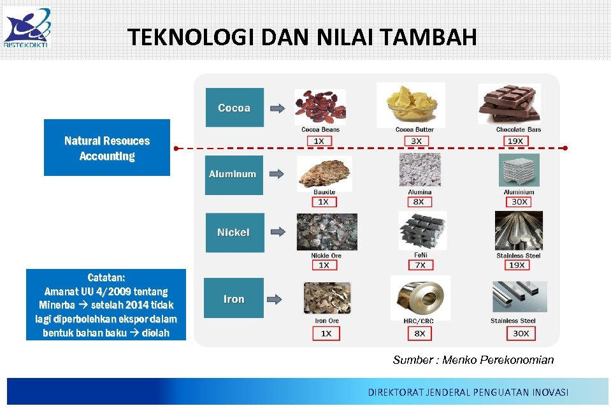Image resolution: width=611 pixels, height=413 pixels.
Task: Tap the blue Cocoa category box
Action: coord(234,108)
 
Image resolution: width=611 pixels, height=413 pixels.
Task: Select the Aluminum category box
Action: coord(233,175)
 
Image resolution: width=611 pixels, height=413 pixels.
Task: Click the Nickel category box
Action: coord(233,233)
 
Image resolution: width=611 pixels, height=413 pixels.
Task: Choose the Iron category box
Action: coord(234,298)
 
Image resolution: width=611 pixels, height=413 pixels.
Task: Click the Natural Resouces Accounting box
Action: coord(107,148)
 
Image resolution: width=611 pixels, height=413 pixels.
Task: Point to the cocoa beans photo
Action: coord(320,106)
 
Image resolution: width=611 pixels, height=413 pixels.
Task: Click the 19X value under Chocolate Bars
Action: coord(515,141)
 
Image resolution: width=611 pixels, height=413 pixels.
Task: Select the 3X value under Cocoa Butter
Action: coord(416,141)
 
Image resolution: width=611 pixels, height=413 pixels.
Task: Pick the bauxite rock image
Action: coord(324,173)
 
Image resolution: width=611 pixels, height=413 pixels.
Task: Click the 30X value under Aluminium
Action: coord(519,202)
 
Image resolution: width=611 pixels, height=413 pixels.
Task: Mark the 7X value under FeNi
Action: coord(419,265)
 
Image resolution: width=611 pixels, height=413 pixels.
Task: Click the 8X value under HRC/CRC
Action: coord(419,333)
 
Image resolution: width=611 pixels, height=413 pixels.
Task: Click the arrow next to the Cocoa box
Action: coord(278,108)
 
